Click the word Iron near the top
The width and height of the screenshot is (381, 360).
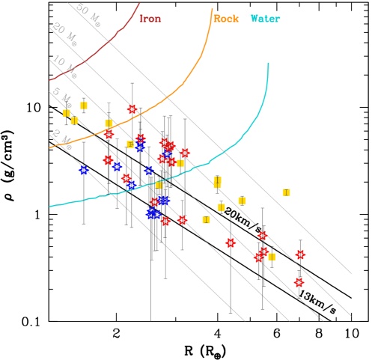coord(150,19)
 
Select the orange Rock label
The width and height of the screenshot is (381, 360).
coord(226,19)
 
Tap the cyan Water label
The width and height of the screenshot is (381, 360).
coord(265,19)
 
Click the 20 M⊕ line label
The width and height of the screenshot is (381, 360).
coord(64,34)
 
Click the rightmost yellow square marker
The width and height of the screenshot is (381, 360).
coord(286,192)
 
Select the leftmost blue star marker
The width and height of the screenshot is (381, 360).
coord(83,171)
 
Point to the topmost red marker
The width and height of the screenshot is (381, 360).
coord(132,109)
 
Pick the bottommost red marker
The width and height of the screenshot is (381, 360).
coord(299,283)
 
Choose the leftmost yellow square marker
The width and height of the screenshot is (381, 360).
coord(67,113)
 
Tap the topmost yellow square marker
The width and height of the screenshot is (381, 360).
coord(84,106)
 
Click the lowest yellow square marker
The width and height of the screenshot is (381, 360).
coord(272,257)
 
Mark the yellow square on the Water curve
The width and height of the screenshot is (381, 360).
coord(159,185)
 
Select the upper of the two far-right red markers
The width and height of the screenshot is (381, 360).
coord(300,254)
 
